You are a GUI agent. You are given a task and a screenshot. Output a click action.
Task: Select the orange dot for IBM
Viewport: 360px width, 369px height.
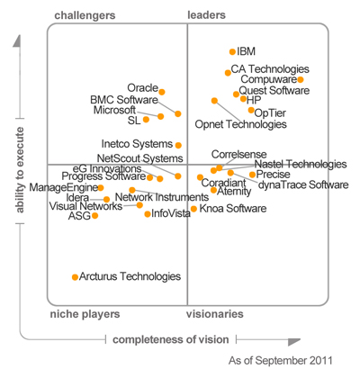point(232,52)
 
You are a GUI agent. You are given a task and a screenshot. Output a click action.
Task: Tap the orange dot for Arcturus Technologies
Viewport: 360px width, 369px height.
point(75,277)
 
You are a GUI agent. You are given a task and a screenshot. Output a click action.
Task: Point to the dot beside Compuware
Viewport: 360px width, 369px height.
point(300,80)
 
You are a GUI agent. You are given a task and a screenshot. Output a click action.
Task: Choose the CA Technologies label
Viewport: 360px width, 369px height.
point(270,69)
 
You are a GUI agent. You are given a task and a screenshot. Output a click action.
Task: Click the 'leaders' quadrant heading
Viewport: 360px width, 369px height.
point(206,15)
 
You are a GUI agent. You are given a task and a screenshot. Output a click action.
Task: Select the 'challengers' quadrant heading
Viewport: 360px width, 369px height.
point(85,15)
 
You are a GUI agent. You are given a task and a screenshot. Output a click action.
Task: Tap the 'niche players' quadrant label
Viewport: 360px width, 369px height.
point(85,314)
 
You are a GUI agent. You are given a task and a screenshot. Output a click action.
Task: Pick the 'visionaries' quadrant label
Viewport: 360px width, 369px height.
point(214,314)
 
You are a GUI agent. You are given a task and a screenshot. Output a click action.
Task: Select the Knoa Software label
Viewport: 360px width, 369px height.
point(233,209)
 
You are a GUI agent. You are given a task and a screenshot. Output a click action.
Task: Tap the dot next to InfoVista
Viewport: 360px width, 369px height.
point(147,213)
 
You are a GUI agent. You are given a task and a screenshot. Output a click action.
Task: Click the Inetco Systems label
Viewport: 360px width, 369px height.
point(136,144)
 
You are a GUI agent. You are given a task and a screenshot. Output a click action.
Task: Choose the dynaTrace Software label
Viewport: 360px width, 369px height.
point(302,184)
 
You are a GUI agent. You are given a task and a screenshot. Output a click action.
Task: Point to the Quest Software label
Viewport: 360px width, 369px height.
point(274,91)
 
